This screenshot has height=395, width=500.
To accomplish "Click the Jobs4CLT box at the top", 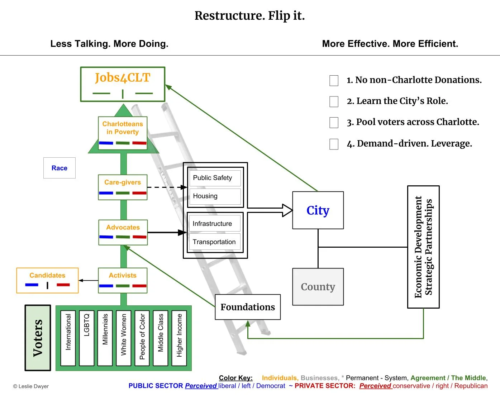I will coord(123,84).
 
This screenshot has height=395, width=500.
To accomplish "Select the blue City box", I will coord(318,210).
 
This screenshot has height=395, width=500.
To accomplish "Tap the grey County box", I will coord(318,287).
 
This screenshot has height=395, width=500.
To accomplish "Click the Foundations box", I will coord(248,307).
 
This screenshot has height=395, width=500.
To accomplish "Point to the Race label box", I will coord(59,168).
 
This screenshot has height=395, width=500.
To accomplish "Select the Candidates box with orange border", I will coord(47,280).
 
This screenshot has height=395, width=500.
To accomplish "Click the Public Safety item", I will coord(215,178).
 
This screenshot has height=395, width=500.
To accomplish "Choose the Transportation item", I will coord(214,242).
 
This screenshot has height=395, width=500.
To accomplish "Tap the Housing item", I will coord(215,196).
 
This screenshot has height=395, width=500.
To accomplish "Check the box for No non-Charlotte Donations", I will coord(334,80).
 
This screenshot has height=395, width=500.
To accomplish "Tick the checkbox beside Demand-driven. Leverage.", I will coord(334,144).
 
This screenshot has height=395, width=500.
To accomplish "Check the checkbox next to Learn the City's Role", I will coord(334,101).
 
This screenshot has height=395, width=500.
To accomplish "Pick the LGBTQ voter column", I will coord(86,338).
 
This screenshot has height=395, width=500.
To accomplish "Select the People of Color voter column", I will coord(142,338).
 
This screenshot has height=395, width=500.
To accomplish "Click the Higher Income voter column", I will coord(179,338).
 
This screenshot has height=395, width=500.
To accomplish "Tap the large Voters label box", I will coord(38,338).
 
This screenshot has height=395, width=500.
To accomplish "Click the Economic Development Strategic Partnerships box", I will coord(423,247).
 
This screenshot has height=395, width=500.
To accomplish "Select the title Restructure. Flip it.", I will coord(249,16).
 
